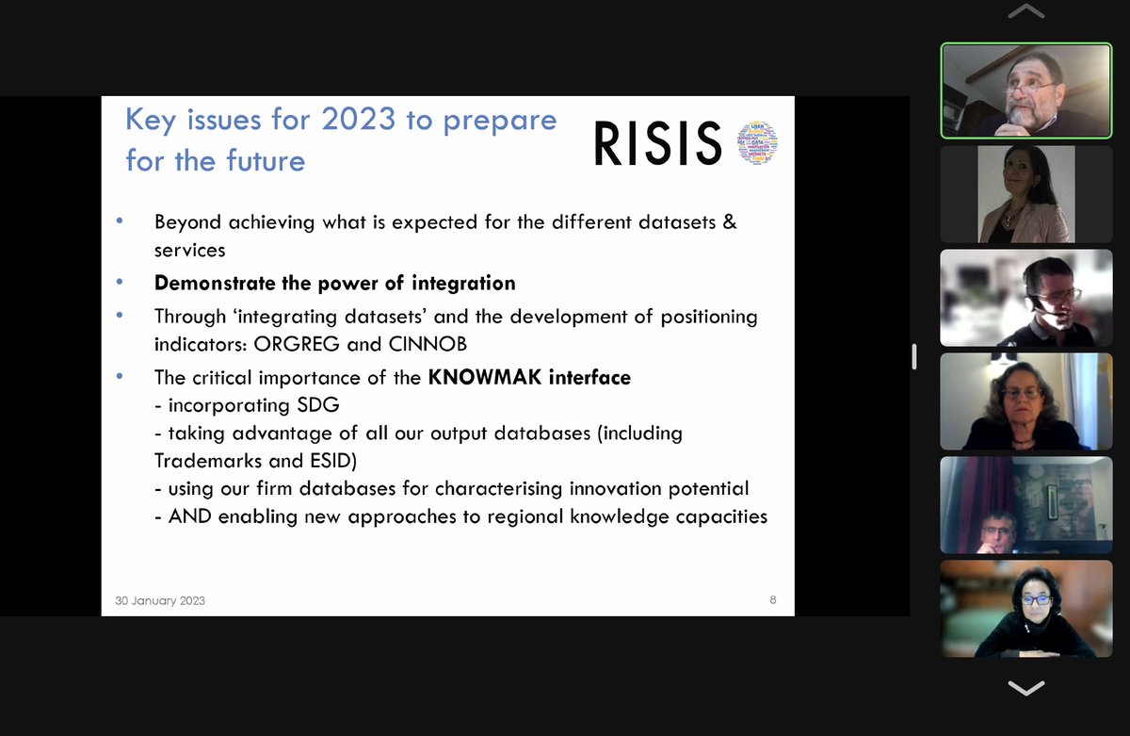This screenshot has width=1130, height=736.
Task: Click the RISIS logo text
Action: coord(657,144)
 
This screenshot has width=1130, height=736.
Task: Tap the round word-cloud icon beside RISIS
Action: coord(759,143)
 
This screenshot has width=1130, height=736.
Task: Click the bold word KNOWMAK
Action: coord(479,378)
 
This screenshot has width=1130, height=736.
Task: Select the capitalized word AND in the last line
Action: coord(189,516)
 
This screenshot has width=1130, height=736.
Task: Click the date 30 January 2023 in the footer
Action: coord(160,600)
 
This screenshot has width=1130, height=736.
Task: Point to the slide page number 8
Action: coord(773,599)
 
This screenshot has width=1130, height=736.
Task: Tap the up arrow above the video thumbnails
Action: coord(1025,12)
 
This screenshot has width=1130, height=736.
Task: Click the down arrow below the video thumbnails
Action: coord(1025,688)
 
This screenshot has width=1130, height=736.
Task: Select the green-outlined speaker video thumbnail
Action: coord(1025,90)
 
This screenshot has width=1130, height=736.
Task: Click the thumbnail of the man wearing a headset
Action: coord(1025,298)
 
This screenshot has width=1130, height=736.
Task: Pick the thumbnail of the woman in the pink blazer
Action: coord(1025,194)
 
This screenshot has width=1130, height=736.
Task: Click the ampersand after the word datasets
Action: coord(729,223)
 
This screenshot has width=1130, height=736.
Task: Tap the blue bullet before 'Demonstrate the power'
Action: coord(120,282)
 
